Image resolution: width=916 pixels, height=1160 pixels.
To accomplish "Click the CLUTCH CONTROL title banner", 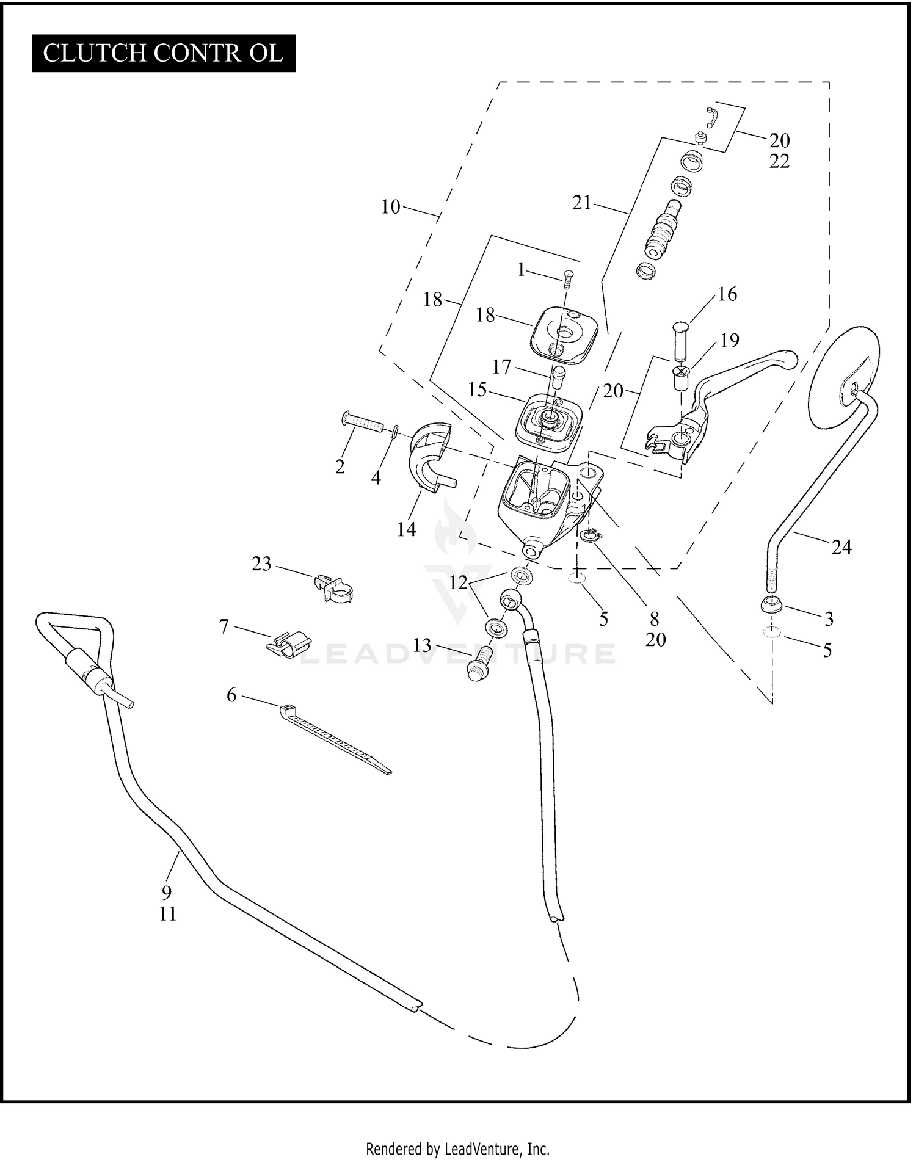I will click(x=164, y=54).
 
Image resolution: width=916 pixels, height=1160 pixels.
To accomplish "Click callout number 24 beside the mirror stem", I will click(x=841, y=547).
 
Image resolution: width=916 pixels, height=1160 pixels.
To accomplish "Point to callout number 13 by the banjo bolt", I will click(x=422, y=645).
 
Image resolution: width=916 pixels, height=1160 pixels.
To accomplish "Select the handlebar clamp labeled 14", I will click(x=431, y=458).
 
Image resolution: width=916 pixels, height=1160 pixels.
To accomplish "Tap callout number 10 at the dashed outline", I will click(x=390, y=207).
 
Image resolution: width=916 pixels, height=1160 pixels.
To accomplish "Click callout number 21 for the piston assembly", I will click(x=581, y=203).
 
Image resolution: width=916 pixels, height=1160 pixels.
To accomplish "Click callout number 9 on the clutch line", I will click(x=167, y=893).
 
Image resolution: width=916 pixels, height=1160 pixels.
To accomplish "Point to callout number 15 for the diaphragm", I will click(x=477, y=390).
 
